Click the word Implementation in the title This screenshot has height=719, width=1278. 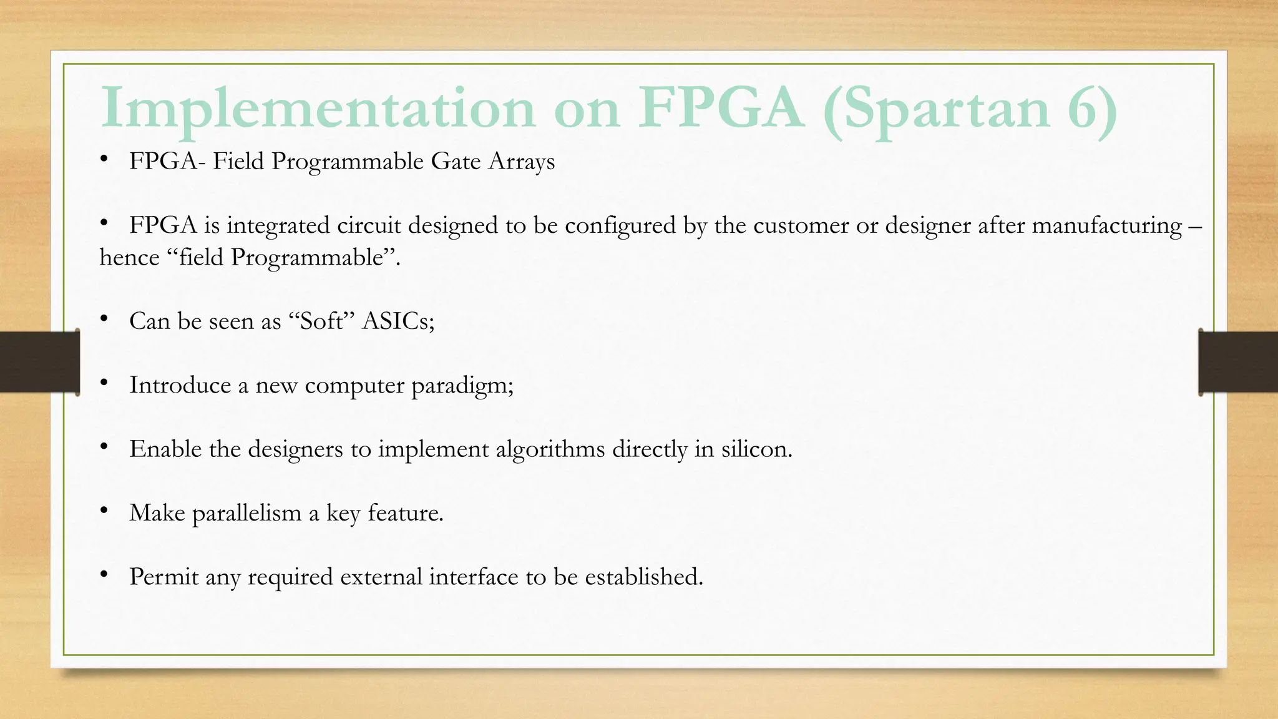pyautogui.click(x=317, y=109)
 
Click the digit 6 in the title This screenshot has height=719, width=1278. pyautogui.click(x=1085, y=109)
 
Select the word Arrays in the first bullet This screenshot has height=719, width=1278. pyautogui.click(x=522, y=162)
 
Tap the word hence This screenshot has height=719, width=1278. pyautogui.click(x=129, y=257)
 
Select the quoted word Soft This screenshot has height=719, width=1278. pyautogui.click(x=322, y=321)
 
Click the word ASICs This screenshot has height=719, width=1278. pyautogui.click(x=398, y=321)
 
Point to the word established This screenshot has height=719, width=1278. pyautogui.click(x=643, y=577)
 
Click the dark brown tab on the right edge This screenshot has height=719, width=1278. pyautogui.click(x=1238, y=362)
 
